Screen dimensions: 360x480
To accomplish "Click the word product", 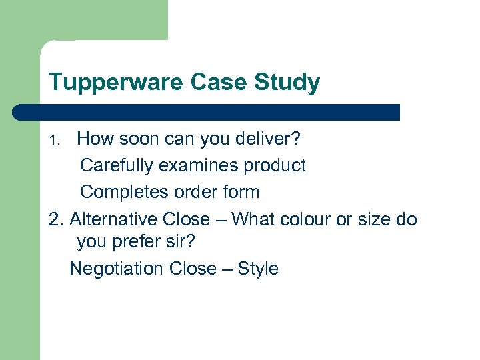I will pyautogui.click(x=277, y=165).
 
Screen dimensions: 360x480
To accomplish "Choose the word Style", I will pyautogui.click(x=258, y=269).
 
